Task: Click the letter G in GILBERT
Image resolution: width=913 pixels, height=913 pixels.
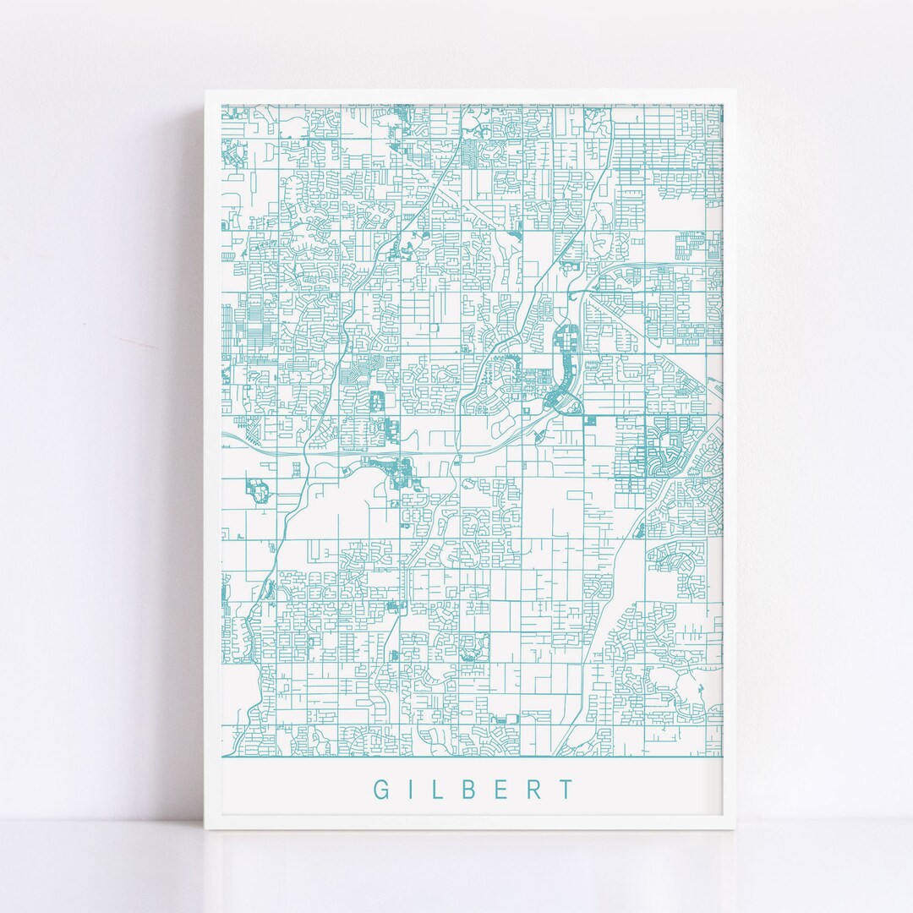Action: click(381, 790)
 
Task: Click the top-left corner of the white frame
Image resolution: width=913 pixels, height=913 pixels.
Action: click(204, 90)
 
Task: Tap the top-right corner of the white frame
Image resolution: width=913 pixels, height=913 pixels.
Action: click(736, 90)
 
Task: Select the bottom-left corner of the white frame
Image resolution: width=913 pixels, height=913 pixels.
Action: click(204, 829)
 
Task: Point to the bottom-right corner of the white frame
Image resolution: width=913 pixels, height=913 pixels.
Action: click(736, 829)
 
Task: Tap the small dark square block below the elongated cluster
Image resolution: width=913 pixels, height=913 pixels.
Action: click(590, 419)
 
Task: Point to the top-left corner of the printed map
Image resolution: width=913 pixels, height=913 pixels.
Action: click(221, 105)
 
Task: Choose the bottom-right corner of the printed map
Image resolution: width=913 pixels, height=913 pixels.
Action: click(723, 755)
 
